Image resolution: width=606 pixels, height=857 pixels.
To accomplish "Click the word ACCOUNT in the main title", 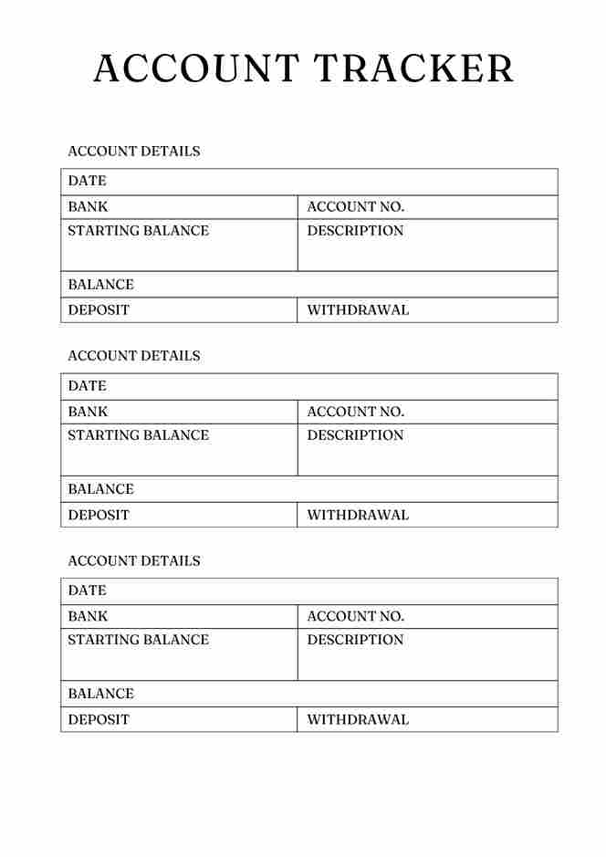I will pyautogui.click(x=196, y=69).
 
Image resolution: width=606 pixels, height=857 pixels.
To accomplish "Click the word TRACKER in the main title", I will pyautogui.click(x=413, y=69).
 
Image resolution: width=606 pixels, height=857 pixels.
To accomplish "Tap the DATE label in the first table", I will pyautogui.click(x=87, y=181).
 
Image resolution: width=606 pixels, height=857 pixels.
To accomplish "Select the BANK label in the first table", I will pyautogui.click(x=88, y=206).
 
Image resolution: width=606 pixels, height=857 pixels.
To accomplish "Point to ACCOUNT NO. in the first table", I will pyautogui.click(x=355, y=206).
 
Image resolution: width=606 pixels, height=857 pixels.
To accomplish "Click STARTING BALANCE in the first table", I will pyautogui.click(x=138, y=231).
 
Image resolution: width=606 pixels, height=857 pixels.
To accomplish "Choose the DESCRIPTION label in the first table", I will pyautogui.click(x=355, y=231).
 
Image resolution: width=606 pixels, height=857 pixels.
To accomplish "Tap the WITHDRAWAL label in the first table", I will pyautogui.click(x=358, y=310).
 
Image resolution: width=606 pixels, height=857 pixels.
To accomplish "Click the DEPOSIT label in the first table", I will pyautogui.click(x=99, y=310).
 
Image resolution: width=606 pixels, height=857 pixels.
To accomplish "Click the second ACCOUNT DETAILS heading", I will pyautogui.click(x=134, y=356).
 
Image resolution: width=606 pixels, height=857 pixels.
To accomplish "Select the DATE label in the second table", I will pyautogui.click(x=87, y=386).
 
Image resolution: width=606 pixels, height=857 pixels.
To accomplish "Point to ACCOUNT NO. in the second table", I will pyautogui.click(x=355, y=412).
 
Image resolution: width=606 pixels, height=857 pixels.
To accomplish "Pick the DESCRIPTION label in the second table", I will pyautogui.click(x=355, y=435).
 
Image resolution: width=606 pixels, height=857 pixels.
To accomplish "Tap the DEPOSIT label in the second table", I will pyautogui.click(x=99, y=515).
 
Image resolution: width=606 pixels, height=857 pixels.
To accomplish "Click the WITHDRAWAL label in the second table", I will pyautogui.click(x=358, y=515).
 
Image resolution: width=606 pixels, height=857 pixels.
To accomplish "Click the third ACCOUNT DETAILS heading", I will pyautogui.click(x=134, y=560).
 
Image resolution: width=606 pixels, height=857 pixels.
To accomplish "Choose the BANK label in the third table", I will pyautogui.click(x=88, y=616).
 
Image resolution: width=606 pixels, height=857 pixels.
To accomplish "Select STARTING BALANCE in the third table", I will pyautogui.click(x=138, y=640).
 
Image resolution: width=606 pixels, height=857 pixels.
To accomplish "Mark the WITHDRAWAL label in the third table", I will pyautogui.click(x=358, y=719).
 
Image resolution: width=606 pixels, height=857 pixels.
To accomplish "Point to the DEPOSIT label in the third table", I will pyautogui.click(x=99, y=719).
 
